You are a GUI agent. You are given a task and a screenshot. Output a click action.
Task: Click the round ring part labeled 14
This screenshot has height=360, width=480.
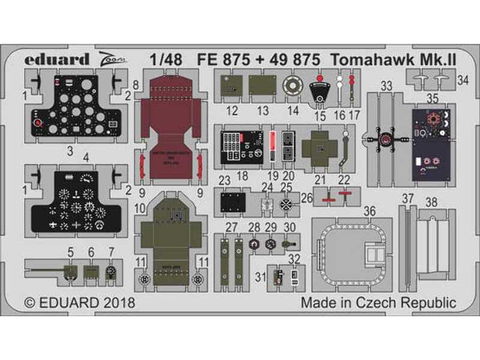pyautogui.click(x=292, y=86)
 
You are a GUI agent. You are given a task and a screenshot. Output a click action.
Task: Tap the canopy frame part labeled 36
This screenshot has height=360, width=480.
pyautogui.click(x=352, y=252)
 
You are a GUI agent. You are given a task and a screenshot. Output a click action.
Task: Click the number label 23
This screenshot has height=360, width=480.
pyautogui.click(x=225, y=180)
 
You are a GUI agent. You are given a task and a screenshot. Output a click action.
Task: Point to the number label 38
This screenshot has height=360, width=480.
pyautogui.click(x=431, y=201)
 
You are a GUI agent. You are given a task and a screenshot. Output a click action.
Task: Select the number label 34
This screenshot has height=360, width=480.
pyautogui.click(x=463, y=80)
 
